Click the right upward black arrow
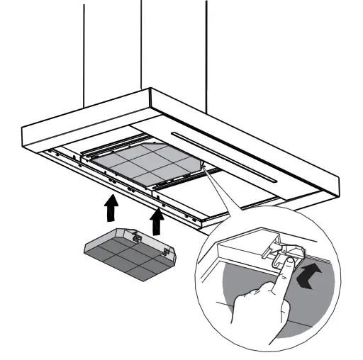(x=157, y=221)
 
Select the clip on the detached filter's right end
(x=167, y=250)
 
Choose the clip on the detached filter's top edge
(x=135, y=230)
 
